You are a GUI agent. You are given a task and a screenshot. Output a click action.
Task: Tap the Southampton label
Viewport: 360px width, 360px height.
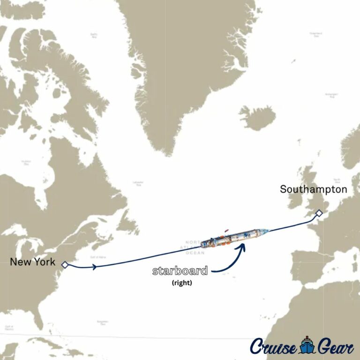click(314, 189)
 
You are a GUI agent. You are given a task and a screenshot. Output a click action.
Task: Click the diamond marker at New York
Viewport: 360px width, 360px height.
click(65, 265)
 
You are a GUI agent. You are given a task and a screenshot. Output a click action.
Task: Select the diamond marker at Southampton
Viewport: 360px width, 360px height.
click(319, 213)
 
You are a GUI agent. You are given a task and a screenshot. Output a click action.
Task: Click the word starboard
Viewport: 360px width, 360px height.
click(180, 271)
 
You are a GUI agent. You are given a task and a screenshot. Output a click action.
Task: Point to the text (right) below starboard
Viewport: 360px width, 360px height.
click(180, 283)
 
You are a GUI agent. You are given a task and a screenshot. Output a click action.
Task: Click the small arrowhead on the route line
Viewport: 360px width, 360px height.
click(96, 267)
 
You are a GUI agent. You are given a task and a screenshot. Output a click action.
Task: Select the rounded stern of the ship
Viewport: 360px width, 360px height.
click(203, 244)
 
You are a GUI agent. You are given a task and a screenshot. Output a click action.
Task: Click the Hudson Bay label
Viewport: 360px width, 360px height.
click(26, 162)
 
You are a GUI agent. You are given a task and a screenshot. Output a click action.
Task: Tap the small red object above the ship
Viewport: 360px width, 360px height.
click(228, 230)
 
